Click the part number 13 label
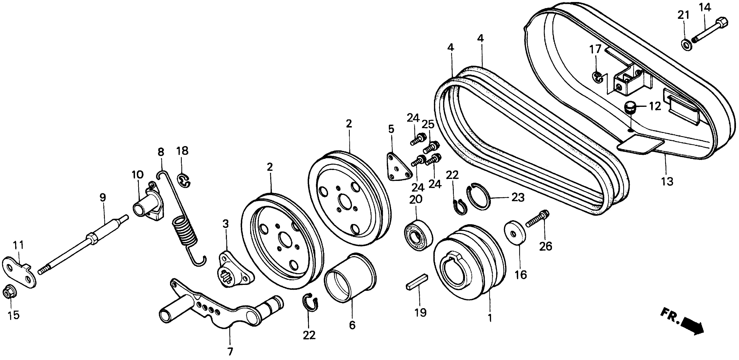(667, 181)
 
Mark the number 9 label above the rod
(103, 197)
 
